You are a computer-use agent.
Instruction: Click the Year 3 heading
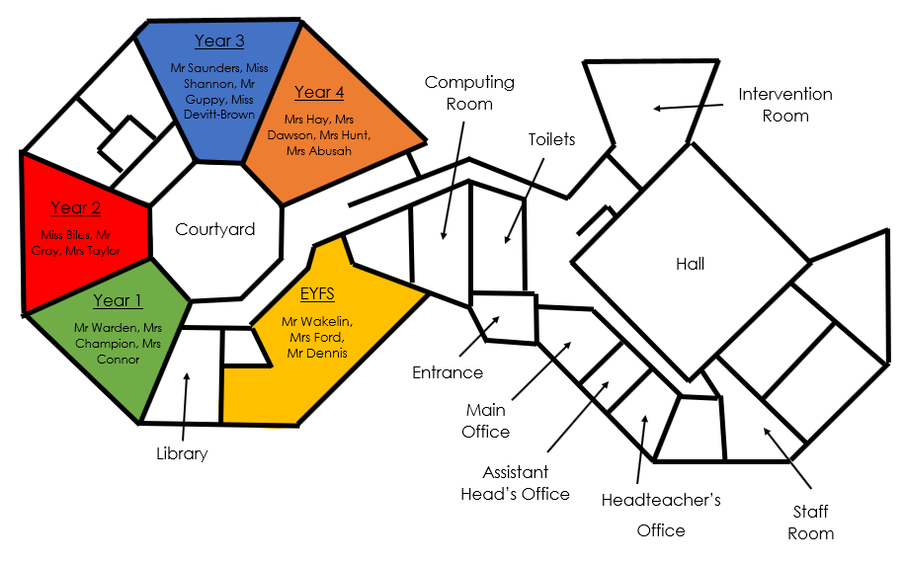pyautogui.click(x=219, y=40)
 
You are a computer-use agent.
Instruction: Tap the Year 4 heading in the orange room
pyautogui.click(x=319, y=92)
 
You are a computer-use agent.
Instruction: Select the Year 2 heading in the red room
pyautogui.click(x=76, y=207)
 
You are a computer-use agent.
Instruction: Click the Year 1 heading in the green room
pyautogui.click(x=118, y=300)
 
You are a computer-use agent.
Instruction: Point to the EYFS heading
pyautogui.click(x=317, y=293)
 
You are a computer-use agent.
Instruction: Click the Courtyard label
pyautogui.click(x=214, y=230)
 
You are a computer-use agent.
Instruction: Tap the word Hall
pyautogui.click(x=691, y=264)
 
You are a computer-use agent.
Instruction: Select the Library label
pyautogui.click(x=182, y=453)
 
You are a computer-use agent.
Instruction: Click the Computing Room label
pyautogui.click(x=469, y=93)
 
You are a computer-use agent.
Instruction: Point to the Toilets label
pyautogui.click(x=551, y=139)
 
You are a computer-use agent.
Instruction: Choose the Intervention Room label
pyautogui.click(x=785, y=105)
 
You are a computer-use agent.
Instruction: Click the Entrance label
pyautogui.click(x=448, y=372)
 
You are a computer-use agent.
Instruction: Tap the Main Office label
pyautogui.click(x=486, y=421)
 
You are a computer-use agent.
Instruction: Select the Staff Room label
pyautogui.click(x=811, y=523)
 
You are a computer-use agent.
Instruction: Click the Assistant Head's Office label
pyautogui.click(x=515, y=483)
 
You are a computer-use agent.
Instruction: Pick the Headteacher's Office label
pyautogui.click(x=661, y=515)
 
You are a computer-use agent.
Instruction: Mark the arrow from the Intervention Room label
pyautogui.click(x=688, y=107)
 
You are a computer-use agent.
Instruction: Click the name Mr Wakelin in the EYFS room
pyautogui.click(x=317, y=321)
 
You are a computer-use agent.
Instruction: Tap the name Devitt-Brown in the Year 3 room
pyautogui.click(x=219, y=115)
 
